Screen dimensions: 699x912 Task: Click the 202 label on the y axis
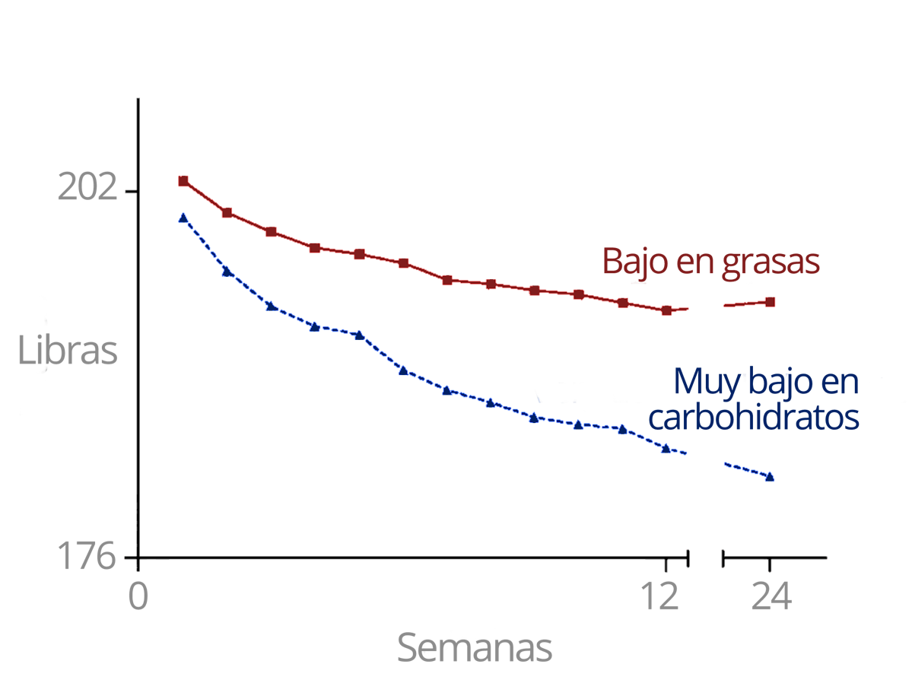click(x=88, y=187)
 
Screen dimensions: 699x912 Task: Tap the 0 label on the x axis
click(x=138, y=597)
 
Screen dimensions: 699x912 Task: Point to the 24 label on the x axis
click(x=771, y=597)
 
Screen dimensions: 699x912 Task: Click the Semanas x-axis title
click(x=475, y=649)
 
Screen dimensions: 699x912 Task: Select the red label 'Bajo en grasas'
click(x=710, y=261)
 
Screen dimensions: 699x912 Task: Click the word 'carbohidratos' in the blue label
click(x=756, y=417)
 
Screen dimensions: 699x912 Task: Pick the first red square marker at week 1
click(x=183, y=181)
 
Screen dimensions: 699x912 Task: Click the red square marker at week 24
click(x=771, y=302)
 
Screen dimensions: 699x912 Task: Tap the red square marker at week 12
click(x=667, y=310)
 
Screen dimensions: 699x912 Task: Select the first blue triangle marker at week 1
click(x=183, y=218)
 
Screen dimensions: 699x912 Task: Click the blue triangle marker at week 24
click(x=770, y=477)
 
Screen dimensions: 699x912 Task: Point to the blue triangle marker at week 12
click(x=666, y=448)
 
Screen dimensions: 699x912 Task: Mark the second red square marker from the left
click(x=227, y=213)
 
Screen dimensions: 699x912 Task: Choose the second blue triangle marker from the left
click(x=227, y=272)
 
